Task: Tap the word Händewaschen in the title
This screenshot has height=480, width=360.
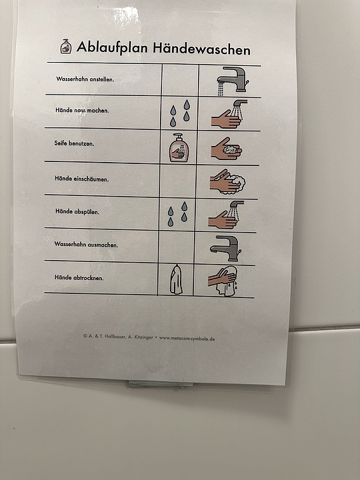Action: click(202, 49)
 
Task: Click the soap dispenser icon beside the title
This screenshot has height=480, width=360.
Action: click(66, 46)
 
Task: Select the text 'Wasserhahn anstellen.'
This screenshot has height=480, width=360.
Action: click(85, 79)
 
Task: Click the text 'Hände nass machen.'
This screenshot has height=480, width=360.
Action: click(82, 110)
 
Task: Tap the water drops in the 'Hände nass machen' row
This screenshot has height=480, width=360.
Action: click(180, 113)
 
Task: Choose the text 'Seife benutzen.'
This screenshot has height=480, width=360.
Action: click(74, 143)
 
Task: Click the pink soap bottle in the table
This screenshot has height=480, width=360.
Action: click(179, 147)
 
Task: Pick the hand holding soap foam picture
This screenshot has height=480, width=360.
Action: click(227, 149)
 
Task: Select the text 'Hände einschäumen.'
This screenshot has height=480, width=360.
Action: click(82, 179)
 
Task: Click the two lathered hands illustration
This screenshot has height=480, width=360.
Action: click(227, 181)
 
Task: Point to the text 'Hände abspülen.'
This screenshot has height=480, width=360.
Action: click(77, 211)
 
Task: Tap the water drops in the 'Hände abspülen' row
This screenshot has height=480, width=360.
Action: click(177, 214)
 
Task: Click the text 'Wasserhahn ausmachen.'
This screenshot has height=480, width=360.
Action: click(86, 244)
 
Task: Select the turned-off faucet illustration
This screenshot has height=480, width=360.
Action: click(225, 248)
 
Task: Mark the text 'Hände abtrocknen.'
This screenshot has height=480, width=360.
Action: click(79, 277)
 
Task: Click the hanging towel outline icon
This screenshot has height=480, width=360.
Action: click(176, 279)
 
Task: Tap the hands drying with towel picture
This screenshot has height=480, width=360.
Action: click(223, 281)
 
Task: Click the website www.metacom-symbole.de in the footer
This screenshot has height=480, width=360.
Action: click(187, 338)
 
